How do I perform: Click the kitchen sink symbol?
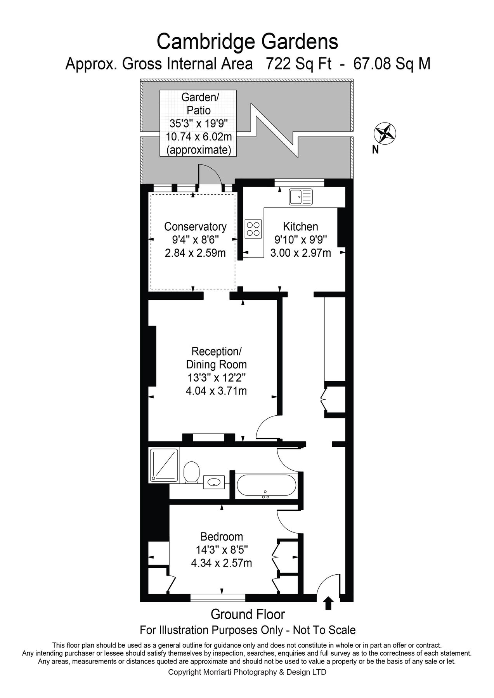coord(301,197)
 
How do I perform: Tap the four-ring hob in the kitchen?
coord(253,228)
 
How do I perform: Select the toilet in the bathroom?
coord(191,472)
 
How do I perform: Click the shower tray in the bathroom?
coord(164,465)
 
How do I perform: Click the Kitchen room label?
coord(300,226)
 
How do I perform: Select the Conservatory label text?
coord(195,226)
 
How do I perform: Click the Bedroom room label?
coord(222,537)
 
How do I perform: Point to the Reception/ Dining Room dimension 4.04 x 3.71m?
coord(216,390)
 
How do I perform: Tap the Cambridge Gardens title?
coord(247,41)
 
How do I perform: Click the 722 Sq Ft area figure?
coord(299,64)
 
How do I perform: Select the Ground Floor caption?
coord(248,614)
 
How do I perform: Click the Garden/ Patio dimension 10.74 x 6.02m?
coord(199,136)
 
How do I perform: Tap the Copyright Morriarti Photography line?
coord(247,672)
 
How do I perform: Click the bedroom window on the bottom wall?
coord(218,598)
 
